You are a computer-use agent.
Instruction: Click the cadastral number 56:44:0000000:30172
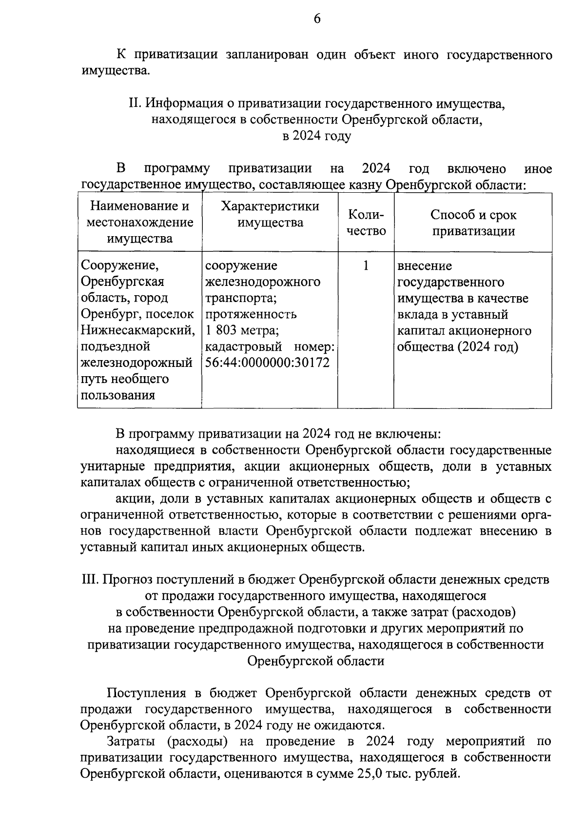pos(268,363)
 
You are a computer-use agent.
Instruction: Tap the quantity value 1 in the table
pos(366,265)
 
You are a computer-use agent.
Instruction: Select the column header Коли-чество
pos(366,222)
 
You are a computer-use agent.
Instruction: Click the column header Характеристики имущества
pos(270,214)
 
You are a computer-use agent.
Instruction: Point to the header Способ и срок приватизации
pos(473,222)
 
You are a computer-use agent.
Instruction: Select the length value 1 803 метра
pos(242,330)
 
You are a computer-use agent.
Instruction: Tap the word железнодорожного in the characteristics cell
pos(263,282)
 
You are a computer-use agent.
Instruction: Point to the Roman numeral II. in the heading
pos(134,103)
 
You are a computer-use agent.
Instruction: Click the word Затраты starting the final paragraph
pos(131,742)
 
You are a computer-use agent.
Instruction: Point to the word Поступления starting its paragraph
pos(146,693)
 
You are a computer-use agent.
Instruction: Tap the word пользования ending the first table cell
pos(118,395)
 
